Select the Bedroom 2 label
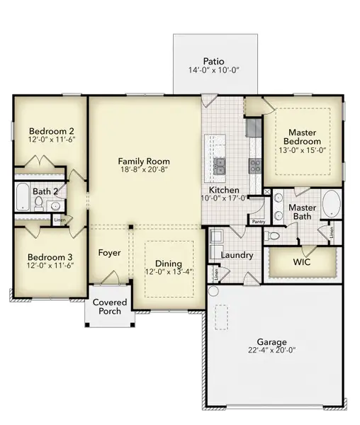[51, 131]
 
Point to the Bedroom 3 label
[50, 257]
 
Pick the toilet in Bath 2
[39, 202]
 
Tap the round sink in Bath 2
[55, 206]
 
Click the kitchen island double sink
[221, 166]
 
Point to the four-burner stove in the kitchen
[255, 166]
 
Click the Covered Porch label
[110, 306]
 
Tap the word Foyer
[109, 253]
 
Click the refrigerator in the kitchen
[254, 127]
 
